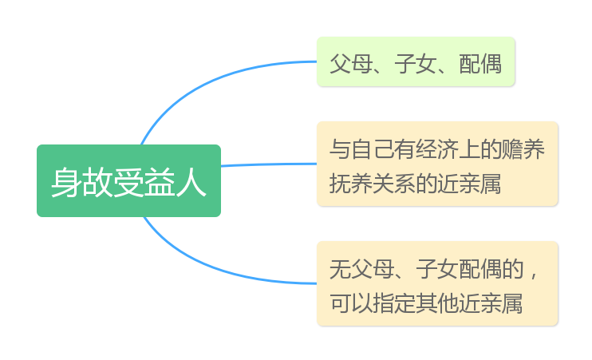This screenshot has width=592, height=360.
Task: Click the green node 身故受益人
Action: pos(128,181)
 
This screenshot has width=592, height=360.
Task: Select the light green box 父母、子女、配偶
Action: pos(416,61)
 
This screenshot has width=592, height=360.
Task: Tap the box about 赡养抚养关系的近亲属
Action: pos(437,164)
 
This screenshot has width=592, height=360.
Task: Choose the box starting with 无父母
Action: pos(437,283)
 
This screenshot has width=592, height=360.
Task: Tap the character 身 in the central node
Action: pos(65,183)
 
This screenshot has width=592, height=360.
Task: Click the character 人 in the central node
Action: pos(191,183)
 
